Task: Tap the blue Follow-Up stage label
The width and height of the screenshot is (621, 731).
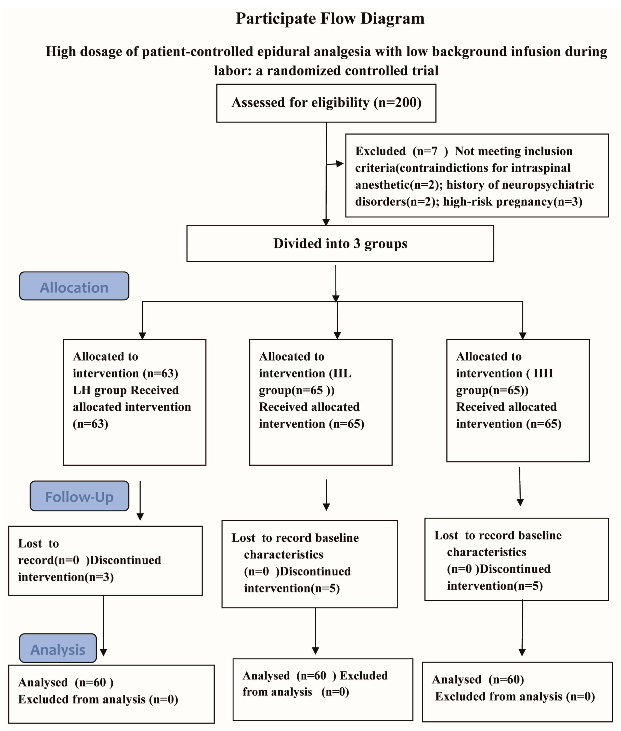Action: click(x=79, y=497)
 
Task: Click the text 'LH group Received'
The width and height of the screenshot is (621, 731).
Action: click(x=126, y=390)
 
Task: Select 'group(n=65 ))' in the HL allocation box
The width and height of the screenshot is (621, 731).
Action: click(x=296, y=390)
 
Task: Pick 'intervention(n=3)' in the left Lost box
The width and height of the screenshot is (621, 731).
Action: click(x=66, y=577)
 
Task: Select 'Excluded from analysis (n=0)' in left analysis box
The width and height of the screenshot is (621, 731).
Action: click(x=98, y=699)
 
